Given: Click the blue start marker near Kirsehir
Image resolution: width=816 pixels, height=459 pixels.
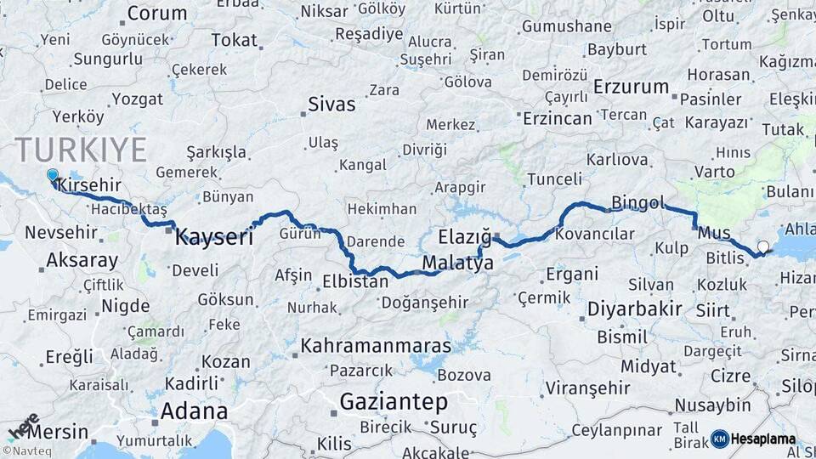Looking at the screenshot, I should tap(53, 176).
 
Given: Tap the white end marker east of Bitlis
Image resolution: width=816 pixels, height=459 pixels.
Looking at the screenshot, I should tap(762, 247).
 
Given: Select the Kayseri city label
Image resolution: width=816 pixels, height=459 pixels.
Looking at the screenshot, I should tap(214, 237).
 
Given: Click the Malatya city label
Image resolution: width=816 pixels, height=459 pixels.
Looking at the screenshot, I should tap(457, 263).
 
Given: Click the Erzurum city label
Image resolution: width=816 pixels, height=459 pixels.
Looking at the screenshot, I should tap(632, 87).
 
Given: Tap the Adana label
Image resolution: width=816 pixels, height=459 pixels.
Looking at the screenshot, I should tap(194, 412).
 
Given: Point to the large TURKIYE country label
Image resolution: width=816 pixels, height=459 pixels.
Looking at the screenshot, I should tap(81, 150).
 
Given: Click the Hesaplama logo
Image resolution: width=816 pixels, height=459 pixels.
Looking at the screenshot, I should tap(753, 439).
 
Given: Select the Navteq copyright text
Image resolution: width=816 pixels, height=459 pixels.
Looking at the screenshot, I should tap(24, 451).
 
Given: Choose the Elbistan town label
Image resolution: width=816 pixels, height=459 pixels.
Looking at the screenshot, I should tap(355, 281).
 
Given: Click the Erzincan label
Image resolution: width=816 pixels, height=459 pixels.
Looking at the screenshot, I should tap(557, 118).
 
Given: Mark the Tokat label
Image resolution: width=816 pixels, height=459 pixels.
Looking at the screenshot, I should tap(235, 40).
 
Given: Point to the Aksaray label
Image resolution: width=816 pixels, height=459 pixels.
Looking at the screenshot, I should tap(82, 260).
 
